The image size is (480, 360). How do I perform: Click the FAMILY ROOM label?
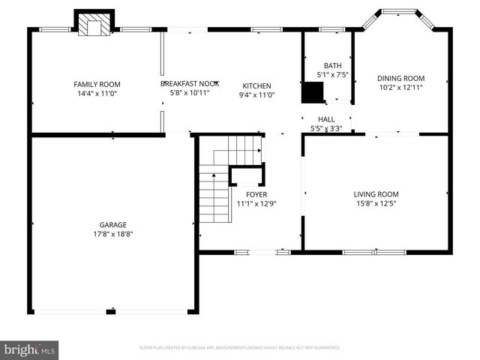(97, 85)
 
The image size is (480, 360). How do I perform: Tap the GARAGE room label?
(113, 224)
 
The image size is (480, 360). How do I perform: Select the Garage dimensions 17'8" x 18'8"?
(113, 234)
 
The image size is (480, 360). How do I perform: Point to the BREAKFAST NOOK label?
(190, 84)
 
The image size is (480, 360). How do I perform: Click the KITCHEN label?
(256, 85)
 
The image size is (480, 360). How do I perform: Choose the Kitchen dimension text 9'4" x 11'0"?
(256, 95)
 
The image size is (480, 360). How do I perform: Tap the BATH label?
(332, 65)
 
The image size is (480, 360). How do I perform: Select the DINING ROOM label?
(400, 78)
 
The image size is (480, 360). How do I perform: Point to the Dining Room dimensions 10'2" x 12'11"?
(400, 88)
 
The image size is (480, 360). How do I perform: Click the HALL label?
(326, 119)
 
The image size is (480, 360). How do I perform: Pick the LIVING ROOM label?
(376, 194)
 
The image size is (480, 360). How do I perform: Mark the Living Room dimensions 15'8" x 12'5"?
(376, 204)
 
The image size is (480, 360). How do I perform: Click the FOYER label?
(256, 194)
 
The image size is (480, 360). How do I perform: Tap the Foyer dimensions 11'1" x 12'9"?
(256, 204)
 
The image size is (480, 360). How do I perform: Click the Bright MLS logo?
(29, 349)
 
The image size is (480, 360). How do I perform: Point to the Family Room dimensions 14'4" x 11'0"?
(97, 94)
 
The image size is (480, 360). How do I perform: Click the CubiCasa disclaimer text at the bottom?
(240, 348)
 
